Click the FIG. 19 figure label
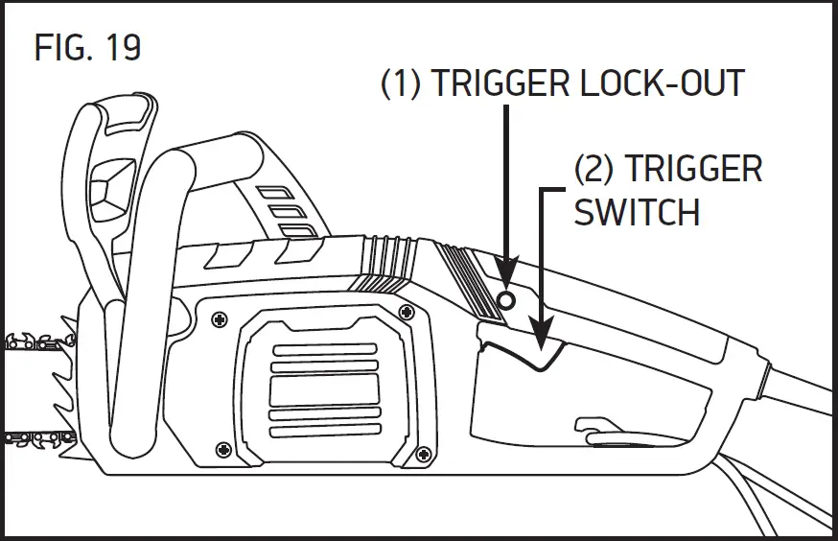click(x=87, y=47)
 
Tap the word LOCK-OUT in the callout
click(x=663, y=83)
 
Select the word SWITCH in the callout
click(x=636, y=212)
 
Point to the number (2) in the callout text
click(x=594, y=169)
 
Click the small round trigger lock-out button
click(x=508, y=301)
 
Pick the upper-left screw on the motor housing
click(x=220, y=319)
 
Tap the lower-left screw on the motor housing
click(x=223, y=448)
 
